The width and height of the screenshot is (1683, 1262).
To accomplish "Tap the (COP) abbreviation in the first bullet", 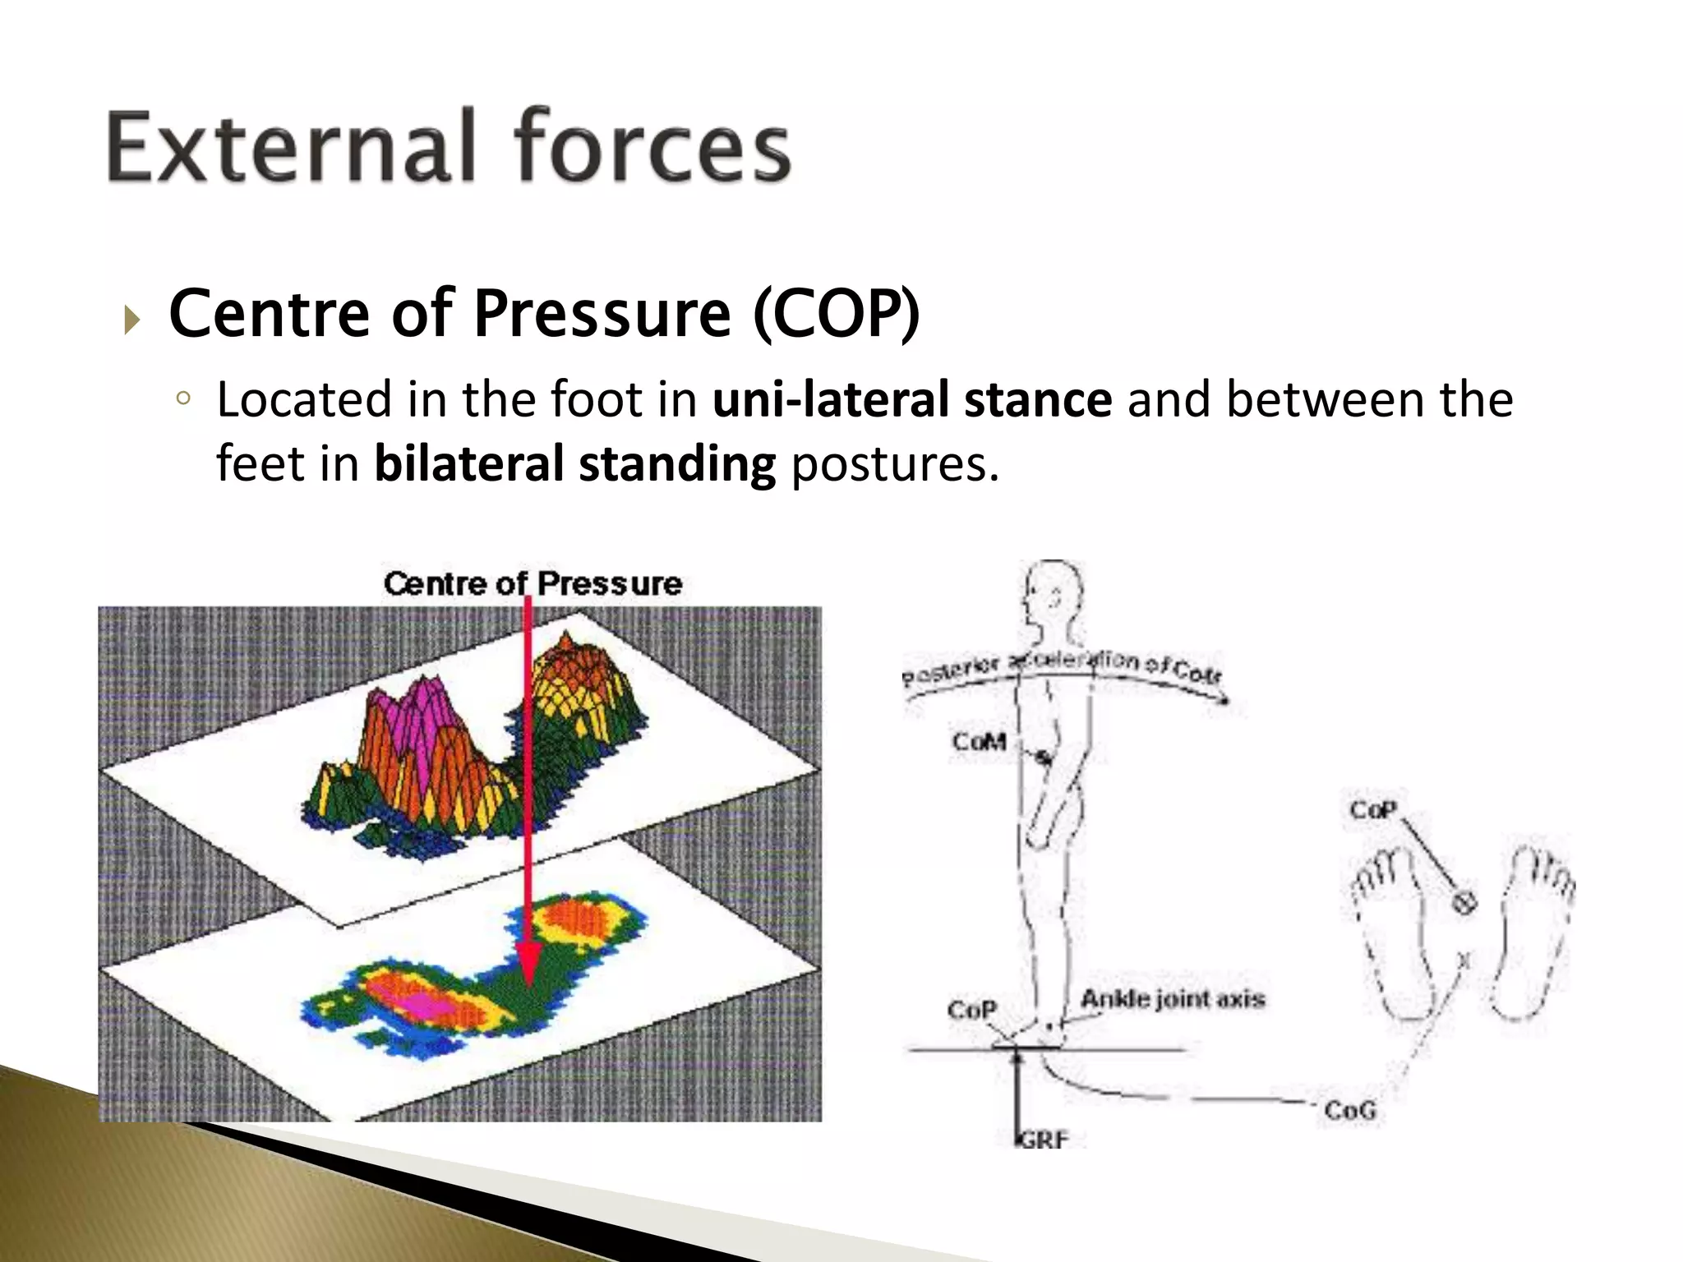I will click(x=836, y=313).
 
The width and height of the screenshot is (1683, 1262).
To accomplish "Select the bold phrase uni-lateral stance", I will click(x=912, y=399).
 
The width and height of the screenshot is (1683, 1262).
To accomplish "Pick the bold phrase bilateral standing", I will click(x=574, y=463).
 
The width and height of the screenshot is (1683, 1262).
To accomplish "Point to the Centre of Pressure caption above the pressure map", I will click(x=533, y=583).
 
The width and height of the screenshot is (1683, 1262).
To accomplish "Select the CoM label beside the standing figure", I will click(x=979, y=741).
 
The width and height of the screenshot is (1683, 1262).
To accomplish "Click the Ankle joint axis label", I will click(x=1173, y=999).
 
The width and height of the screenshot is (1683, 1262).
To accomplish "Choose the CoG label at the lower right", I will click(x=1349, y=1110).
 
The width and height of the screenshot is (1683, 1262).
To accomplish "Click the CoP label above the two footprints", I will click(x=1373, y=810).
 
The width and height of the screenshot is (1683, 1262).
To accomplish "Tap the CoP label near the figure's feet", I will click(x=971, y=1009).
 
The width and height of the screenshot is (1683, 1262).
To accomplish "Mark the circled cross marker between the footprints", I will click(x=1464, y=902).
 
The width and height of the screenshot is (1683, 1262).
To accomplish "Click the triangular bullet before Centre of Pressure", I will click(x=132, y=319).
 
